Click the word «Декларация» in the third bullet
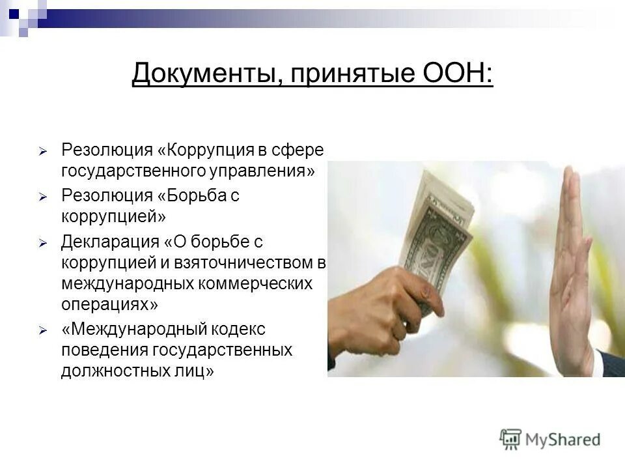click(109, 242)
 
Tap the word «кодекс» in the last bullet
click(238, 330)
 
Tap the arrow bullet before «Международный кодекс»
click(42, 331)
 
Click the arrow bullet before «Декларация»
click(42, 242)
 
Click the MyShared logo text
click(562, 440)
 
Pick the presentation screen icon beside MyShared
click(511, 438)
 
